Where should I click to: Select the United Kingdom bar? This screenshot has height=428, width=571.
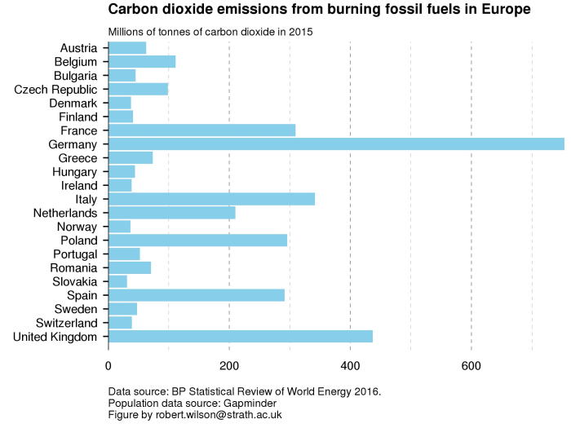tap(241, 337)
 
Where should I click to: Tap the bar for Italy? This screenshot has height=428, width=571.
tap(211, 199)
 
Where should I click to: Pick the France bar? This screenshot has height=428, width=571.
tap(201, 130)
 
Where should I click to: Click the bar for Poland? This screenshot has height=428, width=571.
tap(197, 240)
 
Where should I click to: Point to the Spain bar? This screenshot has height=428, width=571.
tap(197, 295)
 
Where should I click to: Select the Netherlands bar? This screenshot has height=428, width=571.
tap(172, 213)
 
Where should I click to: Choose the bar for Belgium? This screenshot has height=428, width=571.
tap(142, 62)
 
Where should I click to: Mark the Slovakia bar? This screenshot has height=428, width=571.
tap(117, 281)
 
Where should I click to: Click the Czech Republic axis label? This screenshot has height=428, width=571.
tap(56, 90)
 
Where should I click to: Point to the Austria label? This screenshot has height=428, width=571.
tap(79, 48)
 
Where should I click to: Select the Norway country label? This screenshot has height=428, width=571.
tap(77, 227)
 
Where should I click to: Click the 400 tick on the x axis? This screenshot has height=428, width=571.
tap(350, 366)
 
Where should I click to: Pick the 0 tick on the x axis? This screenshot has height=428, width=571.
tap(108, 366)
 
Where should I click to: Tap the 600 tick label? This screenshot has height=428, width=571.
tap(471, 366)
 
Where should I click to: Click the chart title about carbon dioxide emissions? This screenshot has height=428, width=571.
tap(319, 10)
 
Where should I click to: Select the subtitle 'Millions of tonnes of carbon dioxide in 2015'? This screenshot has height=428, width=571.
tap(211, 32)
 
